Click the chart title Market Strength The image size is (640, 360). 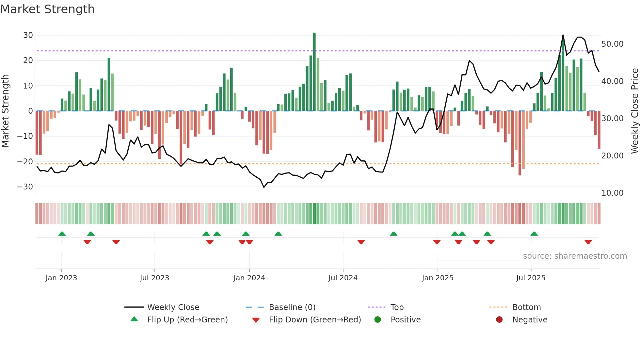pyautogui.click(x=47, y=9)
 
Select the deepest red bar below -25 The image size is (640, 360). pyautogui.click(x=520, y=144)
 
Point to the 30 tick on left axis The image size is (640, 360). pyautogui.click(x=28, y=35)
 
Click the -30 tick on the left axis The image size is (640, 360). pyautogui.click(x=25, y=187)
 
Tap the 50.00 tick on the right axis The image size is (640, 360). pyautogui.click(x=612, y=44)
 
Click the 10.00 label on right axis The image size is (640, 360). pyautogui.click(x=612, y=193)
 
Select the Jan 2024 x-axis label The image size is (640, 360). pyautogui.click(x=249, y=278)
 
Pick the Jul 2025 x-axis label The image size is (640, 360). pyautogui.click(x=531, y=278)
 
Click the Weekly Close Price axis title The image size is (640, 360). pyautogui.click(x=634, y=111)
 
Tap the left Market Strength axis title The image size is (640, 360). pyautogui.click(x=5, y=111)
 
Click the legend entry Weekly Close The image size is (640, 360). pyautogui.click(x=173, y=307)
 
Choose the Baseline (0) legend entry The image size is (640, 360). pyautogui.click(x=292, y=307)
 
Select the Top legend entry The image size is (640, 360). pyautogui.click(x=397, y=307)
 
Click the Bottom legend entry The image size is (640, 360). pyautogui.click(x=526, y=307)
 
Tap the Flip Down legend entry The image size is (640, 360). pyautogui.click(x=314, y=320)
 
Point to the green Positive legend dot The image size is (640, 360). pyautogui.click(x=377, y=320)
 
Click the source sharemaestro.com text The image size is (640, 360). pyautogui.click(x=575, y=256)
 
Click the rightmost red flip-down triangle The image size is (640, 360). pyautogui.click(x=588, y=242)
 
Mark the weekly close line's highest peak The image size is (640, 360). pyautogui.click(x=563, y=35)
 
